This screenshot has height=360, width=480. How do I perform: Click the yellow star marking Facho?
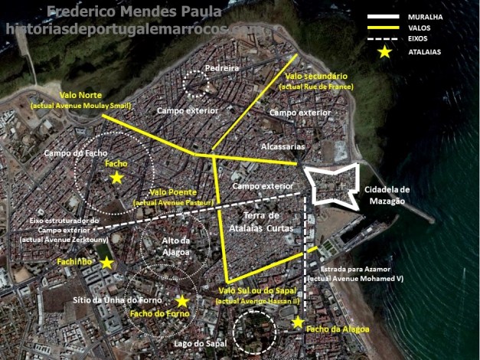click(x=116, y=177)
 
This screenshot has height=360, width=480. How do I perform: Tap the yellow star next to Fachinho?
click(x=107, y=263)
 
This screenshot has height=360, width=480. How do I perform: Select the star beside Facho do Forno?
click(x=182, y=301)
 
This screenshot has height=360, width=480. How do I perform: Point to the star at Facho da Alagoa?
click(x=298, y=322)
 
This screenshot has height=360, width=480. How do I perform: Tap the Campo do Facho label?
click(x=73, y=152)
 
